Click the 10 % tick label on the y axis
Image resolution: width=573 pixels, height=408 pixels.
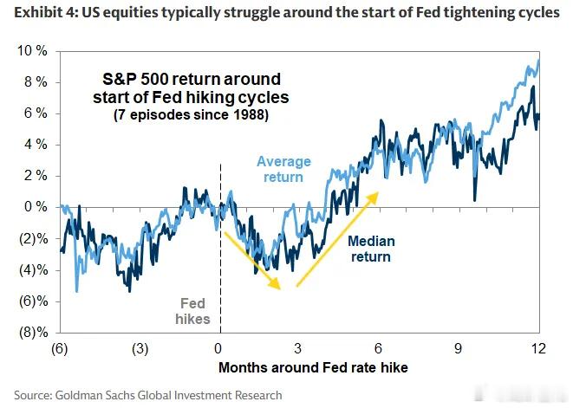pos(32,51)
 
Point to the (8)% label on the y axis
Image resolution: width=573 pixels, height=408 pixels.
pos(34,333)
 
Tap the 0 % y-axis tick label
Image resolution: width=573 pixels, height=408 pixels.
pos(36,207)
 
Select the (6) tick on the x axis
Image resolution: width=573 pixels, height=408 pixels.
pos(60,348)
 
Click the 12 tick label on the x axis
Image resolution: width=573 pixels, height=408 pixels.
pos(538,348)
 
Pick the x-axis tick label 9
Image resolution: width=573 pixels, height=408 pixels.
pos(459,348)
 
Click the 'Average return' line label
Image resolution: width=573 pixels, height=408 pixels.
pos(283,169)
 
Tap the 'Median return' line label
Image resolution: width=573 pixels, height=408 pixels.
pos(371,249)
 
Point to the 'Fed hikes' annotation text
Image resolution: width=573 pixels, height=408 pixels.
pos(192,311)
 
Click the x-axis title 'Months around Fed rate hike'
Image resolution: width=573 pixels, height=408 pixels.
pos(313,367)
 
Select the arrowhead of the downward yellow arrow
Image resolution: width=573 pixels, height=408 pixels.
pos(275,283)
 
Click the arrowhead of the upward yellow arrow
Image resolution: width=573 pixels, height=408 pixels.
pos(373,198)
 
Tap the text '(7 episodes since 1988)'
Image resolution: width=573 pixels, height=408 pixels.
pos(191,115)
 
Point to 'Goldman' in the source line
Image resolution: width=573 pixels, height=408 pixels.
pos(79,395)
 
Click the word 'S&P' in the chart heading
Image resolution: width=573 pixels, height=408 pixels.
pos(119,80)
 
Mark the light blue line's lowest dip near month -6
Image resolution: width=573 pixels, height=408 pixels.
pos(76,291)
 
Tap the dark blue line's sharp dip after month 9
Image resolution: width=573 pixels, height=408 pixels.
pos(475,200)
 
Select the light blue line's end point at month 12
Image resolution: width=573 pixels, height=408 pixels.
pos(538,60)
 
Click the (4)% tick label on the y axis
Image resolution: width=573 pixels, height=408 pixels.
pos(34,270)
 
